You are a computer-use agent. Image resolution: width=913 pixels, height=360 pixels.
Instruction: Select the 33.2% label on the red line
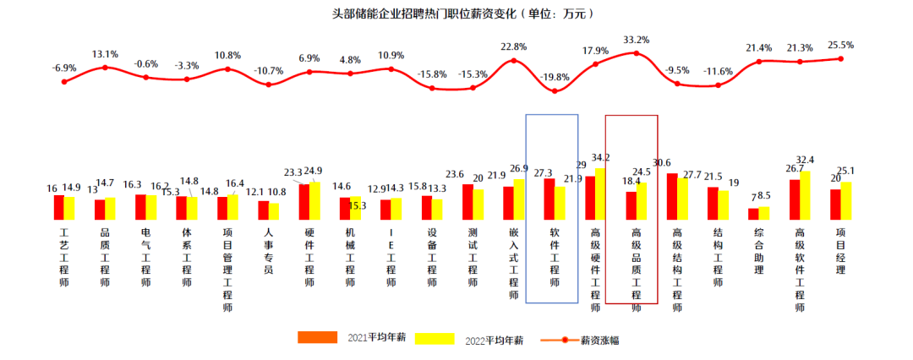pyautogui.click(x=636, y=40)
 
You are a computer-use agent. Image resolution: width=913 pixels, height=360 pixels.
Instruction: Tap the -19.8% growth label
pyautogui.click(x=555, y=77)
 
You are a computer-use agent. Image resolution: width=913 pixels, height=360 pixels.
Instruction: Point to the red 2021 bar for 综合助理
pyautogui.click(x=753, y=214)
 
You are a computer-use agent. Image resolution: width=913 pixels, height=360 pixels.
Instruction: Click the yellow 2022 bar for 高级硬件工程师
pyautogui.click(x=601, y=194)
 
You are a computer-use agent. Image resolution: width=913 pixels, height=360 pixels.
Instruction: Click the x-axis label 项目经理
pyautogui.click(x=840, y=251)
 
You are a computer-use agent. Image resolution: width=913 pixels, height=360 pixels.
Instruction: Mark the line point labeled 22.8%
pyautogui.click(x=514, y=60)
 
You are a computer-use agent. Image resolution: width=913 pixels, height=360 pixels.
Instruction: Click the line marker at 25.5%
pyautogui.click(x=840, y=58)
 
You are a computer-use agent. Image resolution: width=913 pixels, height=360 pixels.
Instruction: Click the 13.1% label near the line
pyautogui.click(x=105, y=52)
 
